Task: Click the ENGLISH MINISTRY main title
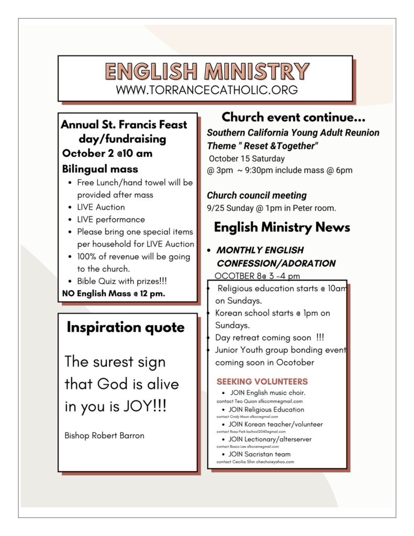pos(207,72)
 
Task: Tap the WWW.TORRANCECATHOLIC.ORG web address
pos(207,90)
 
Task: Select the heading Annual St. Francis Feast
pos(124,125)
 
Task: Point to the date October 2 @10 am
pos(107,153)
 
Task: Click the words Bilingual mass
pos(100,169)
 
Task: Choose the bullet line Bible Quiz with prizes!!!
pos(121,281)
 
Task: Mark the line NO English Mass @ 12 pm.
pos(114,293)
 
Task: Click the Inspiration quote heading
pos(126,328)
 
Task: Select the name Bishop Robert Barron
pos(104,435)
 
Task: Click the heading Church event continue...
pos(293,117)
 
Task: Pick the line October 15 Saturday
pos(247,158)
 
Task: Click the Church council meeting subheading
pos(256,195)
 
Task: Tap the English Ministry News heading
pos(282,227)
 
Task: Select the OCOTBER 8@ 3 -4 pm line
pos(257,276)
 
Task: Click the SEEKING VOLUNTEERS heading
pos(262,382)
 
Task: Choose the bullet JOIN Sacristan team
pos(259,454)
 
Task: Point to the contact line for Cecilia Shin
pos(255,462)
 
